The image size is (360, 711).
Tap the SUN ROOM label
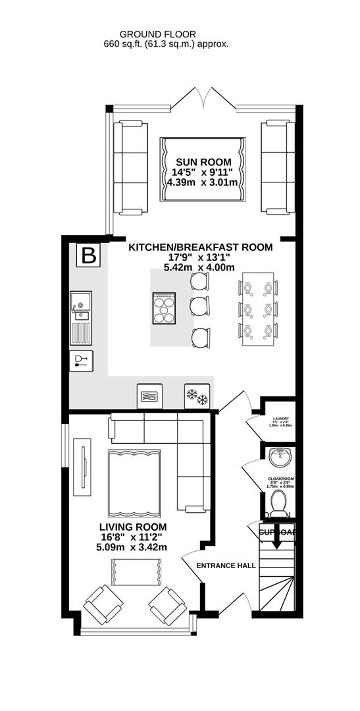pos(203,162)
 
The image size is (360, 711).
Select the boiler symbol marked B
pos(87,255)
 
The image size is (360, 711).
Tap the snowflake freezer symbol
pos(196,396)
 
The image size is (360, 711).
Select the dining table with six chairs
pos(256,309)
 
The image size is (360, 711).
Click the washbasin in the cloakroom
pos(282,456)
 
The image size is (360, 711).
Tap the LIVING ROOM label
pos(132,527)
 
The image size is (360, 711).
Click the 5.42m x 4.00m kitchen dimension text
pos(199,267)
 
